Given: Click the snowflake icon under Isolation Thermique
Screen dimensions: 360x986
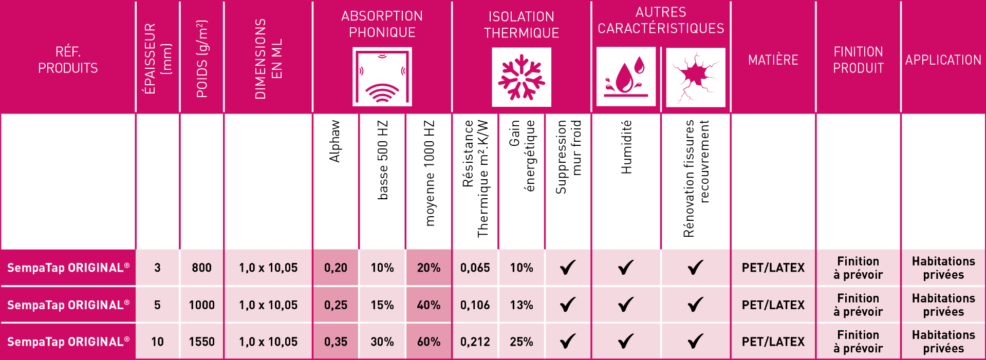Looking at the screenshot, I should pyautogui.click(x=522, y=78).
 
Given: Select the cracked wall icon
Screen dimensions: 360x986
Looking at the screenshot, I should pyautogui.click(x=695, y=78).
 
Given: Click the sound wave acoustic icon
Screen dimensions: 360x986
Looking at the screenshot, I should pyautogui.click(x=382, y=77).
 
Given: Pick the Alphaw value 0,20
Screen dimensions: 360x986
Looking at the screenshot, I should pyautogui.click(x=336, y=268).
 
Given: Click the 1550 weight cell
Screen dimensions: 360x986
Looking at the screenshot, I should pyautogui.click(x=201, y=342).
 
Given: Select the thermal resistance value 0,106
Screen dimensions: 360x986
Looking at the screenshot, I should pyautogui.click(x=475, y=305).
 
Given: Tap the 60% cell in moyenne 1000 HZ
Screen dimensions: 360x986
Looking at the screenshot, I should pyautogui.click(x=429, y=342).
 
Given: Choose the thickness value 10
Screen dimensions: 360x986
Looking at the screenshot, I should pyautogui.click(x=157, y=342).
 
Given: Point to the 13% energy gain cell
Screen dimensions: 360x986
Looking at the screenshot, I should pyautogui.click(x=521, y=305).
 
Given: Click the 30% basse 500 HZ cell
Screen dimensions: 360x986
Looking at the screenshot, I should pyautogui.click(x=382, y=342).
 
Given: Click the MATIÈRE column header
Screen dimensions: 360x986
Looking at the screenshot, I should pyautogui.click(x=773, y=60).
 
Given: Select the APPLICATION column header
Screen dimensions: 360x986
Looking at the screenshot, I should pyautogui.click(x=943, y=60).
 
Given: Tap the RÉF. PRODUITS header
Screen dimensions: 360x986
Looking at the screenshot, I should pyautogui.click(x=68, y=60).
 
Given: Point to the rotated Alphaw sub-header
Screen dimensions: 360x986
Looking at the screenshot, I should pyautogui.click(x=335, y=141).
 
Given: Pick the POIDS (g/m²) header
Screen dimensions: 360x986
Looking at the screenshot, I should pyautogui.click(x=202, y=59).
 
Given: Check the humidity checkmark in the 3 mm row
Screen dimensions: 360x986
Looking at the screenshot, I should pyautogui.click(x=626, y=268).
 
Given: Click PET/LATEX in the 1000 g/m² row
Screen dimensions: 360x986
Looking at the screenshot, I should pyautogui.click(x=773, y=305).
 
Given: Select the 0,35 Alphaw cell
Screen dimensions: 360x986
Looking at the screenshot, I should pyautogui.click(x=336, y=342).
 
